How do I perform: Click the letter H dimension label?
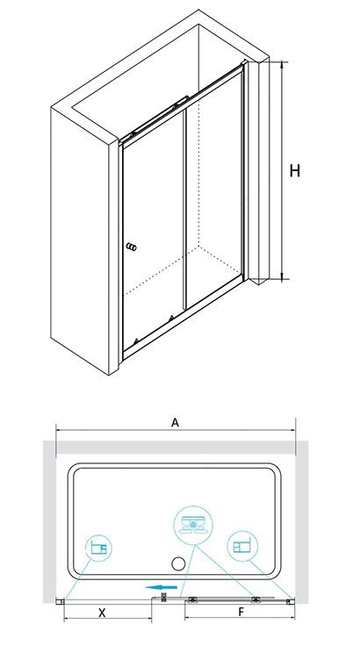(x=294, y=171)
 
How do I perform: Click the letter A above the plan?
(x=175, y=422)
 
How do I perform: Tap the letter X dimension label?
(x=102, y=613)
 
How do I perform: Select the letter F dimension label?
(x=241, y=612)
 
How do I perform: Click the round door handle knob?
(x=131, y=248)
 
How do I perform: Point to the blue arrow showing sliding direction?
(x=162, y=587)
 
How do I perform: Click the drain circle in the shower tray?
(x=178, y=563)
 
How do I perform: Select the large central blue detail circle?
(x=193, y=525)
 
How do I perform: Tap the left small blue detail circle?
(x=98, y=548)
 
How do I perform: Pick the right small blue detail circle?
(x=242, y=545)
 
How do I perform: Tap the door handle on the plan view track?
(x=163, y=598)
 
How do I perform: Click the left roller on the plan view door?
(x=193, y=599)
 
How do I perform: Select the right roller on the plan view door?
(x=255, y=599)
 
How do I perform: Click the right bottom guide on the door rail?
(x=171, y=319)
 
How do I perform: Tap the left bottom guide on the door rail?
(x=134, y=341)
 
